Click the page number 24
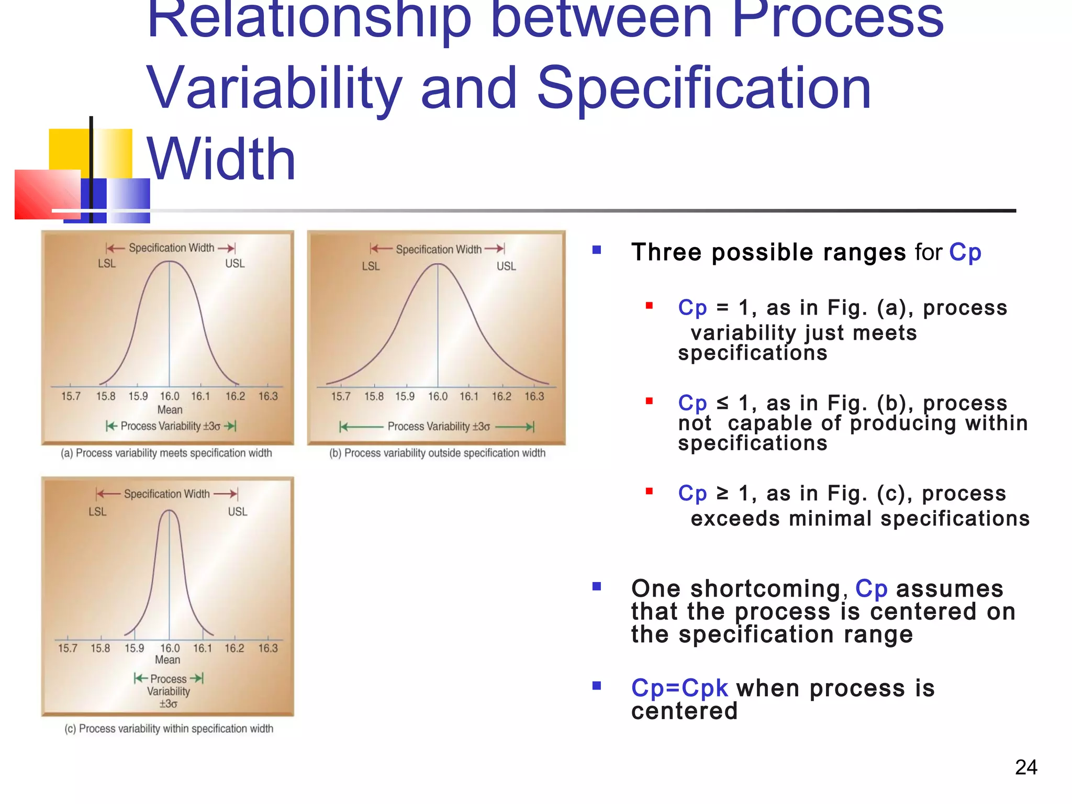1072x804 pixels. (x=1025, y=767)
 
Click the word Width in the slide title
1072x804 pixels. (x=221, y=159)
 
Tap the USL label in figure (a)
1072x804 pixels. (x=234, y=264)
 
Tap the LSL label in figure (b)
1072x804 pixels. (x=371, y=266)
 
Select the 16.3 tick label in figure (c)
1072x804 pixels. (x=267, y=648)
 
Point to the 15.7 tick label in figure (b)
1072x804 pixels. (x=340, y=396)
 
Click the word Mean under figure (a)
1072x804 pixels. (x=170, y=410)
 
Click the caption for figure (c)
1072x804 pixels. (x=169, y=729)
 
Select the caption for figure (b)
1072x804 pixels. (x=437, y=453)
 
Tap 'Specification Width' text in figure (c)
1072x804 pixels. (x=166, y=494)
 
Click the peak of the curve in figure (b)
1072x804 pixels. (x=438, y=264)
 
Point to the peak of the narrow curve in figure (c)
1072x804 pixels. (x=169, y=511)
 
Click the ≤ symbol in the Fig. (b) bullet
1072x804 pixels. (x=722, y=403)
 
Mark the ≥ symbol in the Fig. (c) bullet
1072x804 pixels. (x=722, y=493)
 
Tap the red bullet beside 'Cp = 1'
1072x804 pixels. (x=649, y=306)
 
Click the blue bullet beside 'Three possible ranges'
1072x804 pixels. (x=596, y=250)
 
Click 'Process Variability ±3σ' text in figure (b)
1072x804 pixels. (x=439, y=427)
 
